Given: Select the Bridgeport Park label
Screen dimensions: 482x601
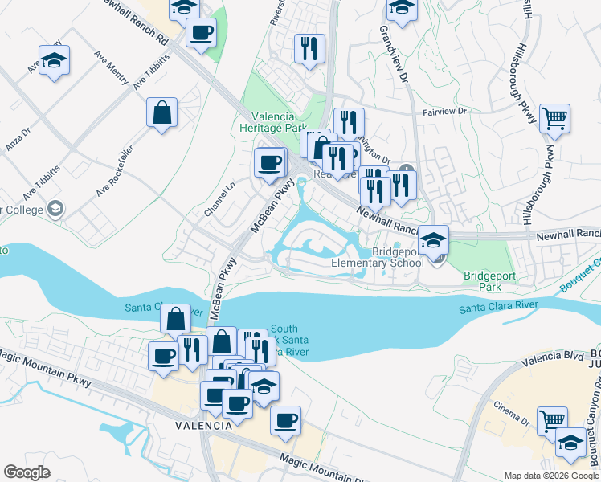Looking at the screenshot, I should pyautogui.click(x=483, y=280).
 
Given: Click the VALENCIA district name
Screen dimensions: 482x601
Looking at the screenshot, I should pyautogui.click(x=206, y=425).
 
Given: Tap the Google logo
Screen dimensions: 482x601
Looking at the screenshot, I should pyautogui.click(x=27, y=472).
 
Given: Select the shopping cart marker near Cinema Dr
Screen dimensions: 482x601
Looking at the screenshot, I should pyautogui.click(x=552, y=421).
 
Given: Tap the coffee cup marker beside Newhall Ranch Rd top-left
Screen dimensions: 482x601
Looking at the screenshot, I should pyautogui.click(x=201, y=33).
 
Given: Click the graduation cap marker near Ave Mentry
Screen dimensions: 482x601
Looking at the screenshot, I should pyautogui.click(x=54, y=61).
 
